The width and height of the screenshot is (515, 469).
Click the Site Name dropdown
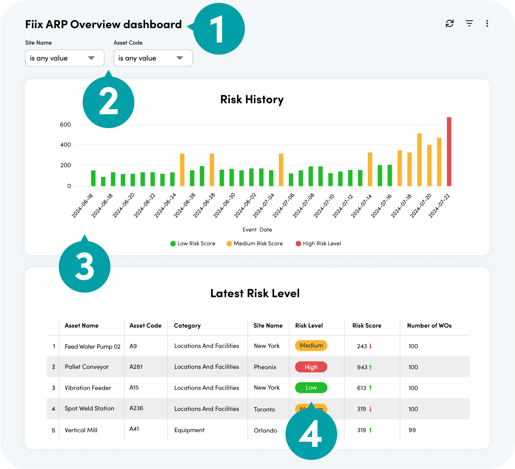(64, 58)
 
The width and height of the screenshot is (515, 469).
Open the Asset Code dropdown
(153, 58)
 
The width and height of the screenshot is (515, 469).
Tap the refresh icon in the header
(450, 23)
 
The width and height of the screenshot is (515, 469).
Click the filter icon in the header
(469, 23)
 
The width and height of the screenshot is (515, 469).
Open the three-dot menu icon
(487, 23)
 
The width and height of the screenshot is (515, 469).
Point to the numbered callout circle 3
(85, 266)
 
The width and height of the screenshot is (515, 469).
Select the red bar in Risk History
(449, 152)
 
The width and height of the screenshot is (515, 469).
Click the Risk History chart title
(252, 100)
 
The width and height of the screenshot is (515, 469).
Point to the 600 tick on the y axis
(66, 125)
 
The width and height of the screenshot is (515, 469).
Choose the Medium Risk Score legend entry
(255, 244)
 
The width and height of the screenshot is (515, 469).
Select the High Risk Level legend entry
(318, 244)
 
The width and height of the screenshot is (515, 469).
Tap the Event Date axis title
(257, 230)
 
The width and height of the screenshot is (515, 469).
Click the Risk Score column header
(367, 326)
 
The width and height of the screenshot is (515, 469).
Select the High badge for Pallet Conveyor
(311, 367)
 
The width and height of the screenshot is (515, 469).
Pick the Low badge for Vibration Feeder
(311, 388)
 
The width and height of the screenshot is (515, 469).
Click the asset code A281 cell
(136, 367)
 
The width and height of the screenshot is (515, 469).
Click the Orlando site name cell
(265, 431)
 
